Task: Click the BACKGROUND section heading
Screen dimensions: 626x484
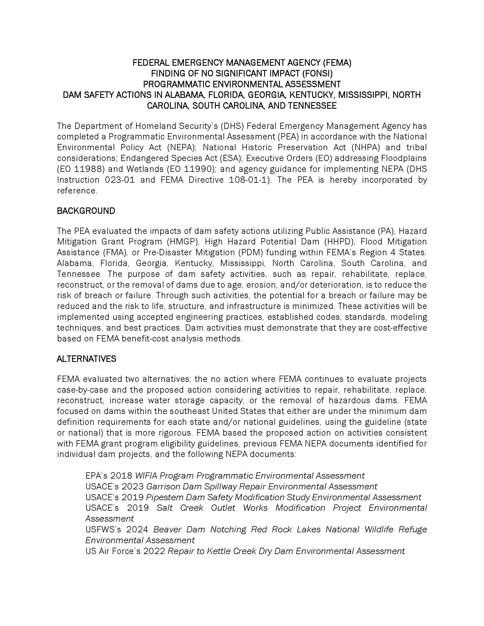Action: click(86, 211)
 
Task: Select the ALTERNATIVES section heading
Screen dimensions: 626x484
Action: click(86, 359)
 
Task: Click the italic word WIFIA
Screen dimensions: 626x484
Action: click(146, 476)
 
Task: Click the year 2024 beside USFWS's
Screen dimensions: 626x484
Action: click(137, 530)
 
